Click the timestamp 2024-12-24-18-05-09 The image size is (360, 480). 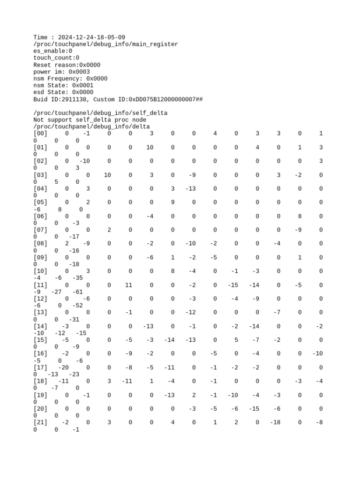point(91,37)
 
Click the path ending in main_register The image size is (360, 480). point(105,44)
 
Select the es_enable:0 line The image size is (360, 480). point(52,51)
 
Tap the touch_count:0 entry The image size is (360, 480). point(56,58)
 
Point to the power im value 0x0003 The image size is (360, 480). point(79,72)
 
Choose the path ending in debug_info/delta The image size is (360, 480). point(91,127)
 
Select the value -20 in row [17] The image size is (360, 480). point(63,367)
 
